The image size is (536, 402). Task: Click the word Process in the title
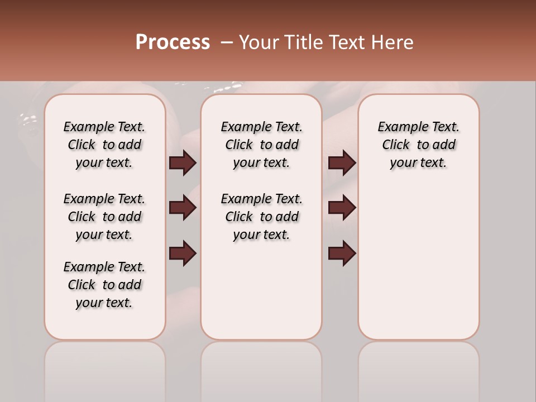click(x=173, y=42)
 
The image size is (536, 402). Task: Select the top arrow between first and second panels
click(x=183, y=162)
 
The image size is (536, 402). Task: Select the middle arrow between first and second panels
click(x=183, y=208)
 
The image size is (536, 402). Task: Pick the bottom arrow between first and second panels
click(x=183, y=253)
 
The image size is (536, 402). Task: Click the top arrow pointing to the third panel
click(x=342, y=162)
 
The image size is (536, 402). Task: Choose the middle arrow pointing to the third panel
click(x=342, y=208)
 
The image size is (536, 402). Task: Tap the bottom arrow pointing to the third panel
click(x=342, y=253)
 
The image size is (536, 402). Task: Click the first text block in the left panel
click(x=104, y=145)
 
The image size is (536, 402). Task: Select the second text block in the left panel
click(x=104, y=217)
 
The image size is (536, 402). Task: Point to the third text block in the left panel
click(x=104, y=285)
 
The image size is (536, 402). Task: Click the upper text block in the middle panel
click(x=261, y=145)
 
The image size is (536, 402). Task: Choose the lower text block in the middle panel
click(x=261, y=217)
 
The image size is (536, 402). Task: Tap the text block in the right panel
click(x=418, y=145)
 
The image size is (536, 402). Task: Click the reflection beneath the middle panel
click(x=261, y=368)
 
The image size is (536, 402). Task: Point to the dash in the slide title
click(x=227, y=42)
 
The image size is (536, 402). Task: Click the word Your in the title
click(x=258, y=42)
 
